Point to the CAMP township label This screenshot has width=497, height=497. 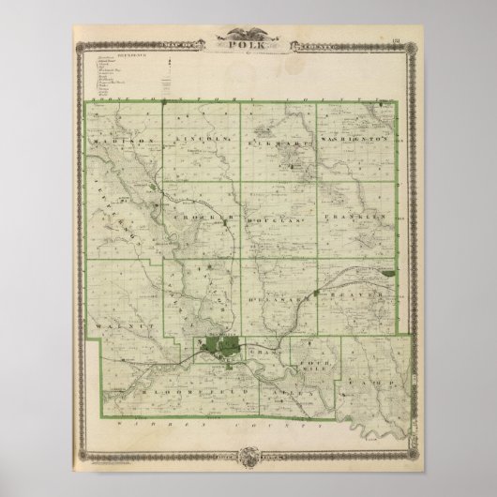pyautogui.click(x=381, y=384)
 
